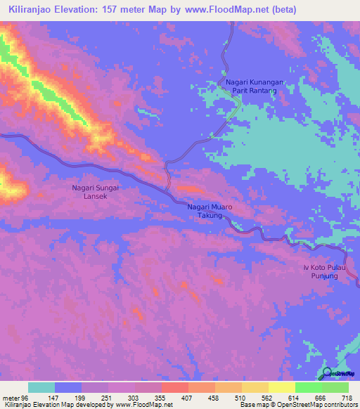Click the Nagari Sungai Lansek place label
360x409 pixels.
pos(98,192)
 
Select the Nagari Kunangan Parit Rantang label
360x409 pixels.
pos(254,86)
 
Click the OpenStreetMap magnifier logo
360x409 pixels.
pos(328,373)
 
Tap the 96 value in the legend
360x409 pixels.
pos(27,397)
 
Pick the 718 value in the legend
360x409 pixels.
pos(345,397)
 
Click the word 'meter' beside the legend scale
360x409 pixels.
pos(11,397)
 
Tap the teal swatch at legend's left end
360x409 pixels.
pos(41,387)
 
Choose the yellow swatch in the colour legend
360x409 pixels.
pos(281,387)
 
